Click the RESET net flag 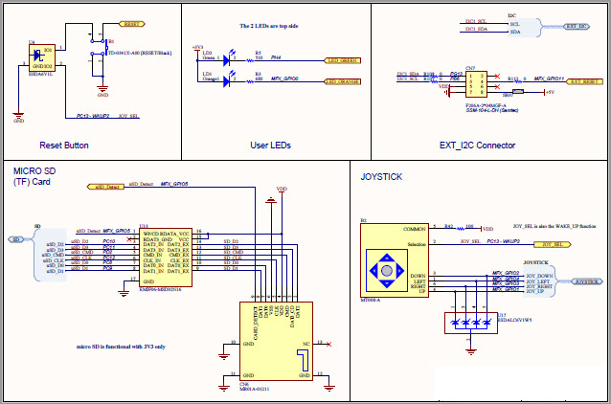click(131, 20)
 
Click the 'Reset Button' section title click(64, 146)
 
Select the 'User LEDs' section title click(271, 146)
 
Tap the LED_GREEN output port click(341, 61)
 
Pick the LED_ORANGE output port click(341, 82)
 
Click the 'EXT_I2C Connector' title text click(477, 146)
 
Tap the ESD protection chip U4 click(39, 57)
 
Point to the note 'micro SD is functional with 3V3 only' click(120, 347)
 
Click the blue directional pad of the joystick click(386, 271)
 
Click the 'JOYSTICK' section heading click(382, 177)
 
